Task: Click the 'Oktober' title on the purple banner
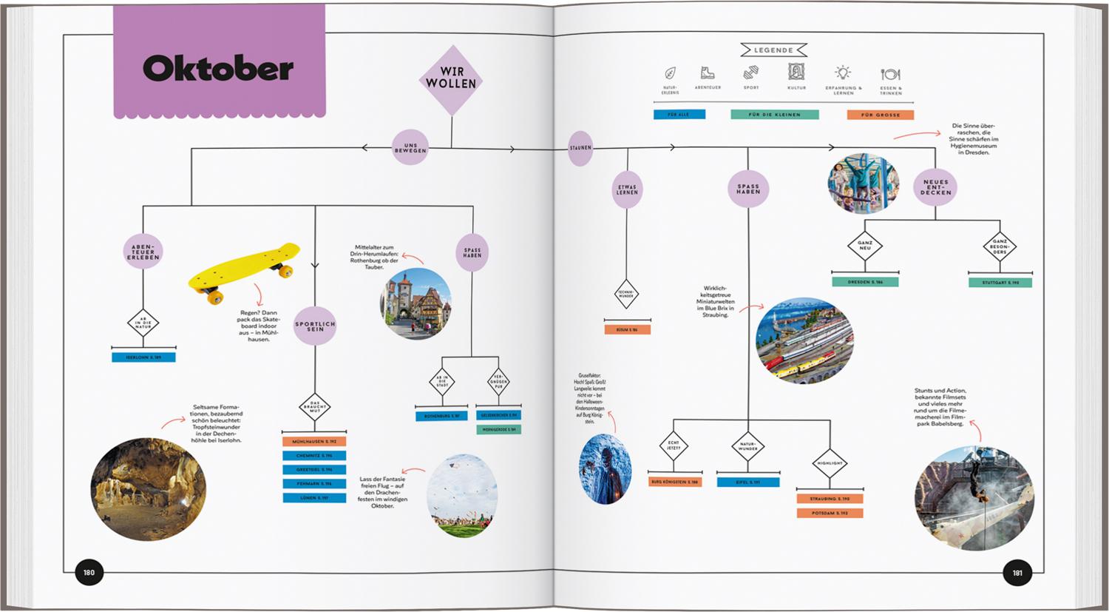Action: (x=218, y=69)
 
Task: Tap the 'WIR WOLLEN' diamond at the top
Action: (x=451, y=78)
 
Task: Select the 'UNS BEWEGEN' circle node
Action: (x=410, y=148)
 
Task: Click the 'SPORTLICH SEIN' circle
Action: (x=315, y=326)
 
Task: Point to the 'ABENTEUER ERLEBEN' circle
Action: (x=143, y=252)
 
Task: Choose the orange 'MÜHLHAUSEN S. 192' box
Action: (x=314, y=442)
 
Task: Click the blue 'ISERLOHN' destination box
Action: (x=143, y=357)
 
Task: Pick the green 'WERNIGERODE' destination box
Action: (x=498, y=429)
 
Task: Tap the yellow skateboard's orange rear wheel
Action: (x=214, y=297)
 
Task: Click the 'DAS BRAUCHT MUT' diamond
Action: (x=315, y=407)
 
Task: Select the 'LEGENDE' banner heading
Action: (x=773, y=50)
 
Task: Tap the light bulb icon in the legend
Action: (x=842, y=73)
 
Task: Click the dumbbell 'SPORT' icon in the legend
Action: (x=751, y=73)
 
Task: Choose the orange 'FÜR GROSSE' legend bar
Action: (x=880, y=115)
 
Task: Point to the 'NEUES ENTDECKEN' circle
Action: (x=935, y=186)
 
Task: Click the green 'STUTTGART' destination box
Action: (x=1000, y=283)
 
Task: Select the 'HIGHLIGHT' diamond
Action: (x=830, y=463)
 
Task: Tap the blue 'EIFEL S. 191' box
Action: (x=747, y=482)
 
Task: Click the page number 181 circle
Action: (x=1017, y=573)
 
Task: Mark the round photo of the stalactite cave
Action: (x=148, y=489)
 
